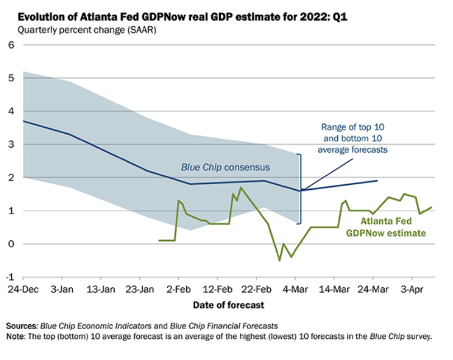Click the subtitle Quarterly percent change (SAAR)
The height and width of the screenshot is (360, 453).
tap(87, 30)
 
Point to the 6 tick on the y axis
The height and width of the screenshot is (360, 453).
tap(11, 45)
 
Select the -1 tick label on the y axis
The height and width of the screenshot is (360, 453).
tap(9, 277)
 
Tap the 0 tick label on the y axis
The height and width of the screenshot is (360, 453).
tap(11, 244)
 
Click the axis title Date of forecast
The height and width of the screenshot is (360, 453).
tap(228, 305)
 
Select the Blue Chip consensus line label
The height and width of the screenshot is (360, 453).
tap(218, 167)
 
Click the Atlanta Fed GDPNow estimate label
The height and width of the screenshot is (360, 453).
tap(385, 226)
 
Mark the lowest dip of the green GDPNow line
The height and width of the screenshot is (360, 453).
tap(280, 260)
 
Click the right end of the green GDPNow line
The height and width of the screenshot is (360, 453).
tap(432, 207)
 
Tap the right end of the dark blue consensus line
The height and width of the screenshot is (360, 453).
tap(377, 181)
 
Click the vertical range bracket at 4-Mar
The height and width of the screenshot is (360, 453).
tap(300, 188)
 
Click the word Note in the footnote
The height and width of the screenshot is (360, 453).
tap(16, 336)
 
